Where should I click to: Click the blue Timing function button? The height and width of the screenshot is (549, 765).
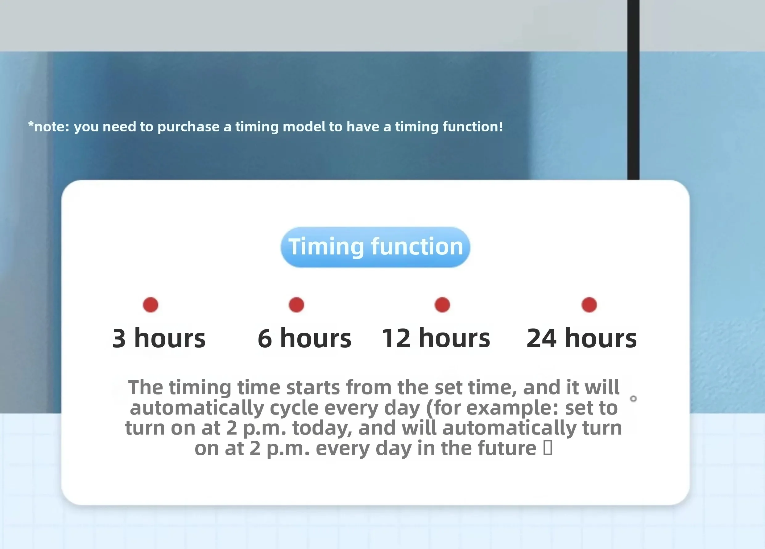[375, 247]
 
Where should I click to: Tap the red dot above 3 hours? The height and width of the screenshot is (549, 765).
[151, 305]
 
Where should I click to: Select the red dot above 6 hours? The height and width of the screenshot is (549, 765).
[296, 305]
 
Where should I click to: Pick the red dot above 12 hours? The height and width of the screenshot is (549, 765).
[442, 305]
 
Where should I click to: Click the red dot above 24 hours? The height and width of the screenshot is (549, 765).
[589, 305]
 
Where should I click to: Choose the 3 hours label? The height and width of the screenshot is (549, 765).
[159, 338]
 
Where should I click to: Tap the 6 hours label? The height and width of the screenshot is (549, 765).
[304, 338]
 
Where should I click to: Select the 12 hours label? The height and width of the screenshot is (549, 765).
[436, 338]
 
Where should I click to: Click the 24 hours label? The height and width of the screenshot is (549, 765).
[582, 338]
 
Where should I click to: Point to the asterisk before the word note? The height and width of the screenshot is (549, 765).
[31, 124]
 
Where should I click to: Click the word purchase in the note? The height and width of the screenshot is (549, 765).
[188, 127]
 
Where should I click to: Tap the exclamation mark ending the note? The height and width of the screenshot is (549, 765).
[501, 126]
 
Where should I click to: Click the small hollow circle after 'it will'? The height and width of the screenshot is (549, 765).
[633, 398]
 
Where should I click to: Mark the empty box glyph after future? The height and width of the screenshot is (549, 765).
[548, 448]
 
